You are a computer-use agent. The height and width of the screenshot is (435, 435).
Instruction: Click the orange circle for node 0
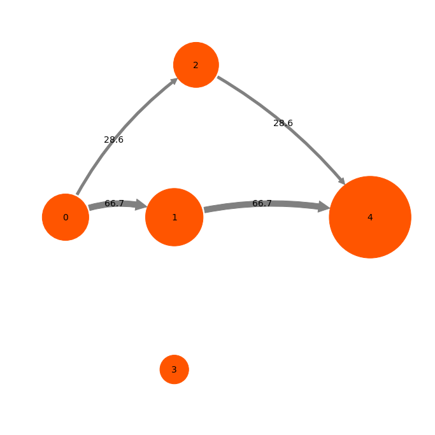coord(66,217)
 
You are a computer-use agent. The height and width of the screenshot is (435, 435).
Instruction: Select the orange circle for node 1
coord(175,217)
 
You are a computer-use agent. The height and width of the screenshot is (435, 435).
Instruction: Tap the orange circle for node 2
coord(196,65)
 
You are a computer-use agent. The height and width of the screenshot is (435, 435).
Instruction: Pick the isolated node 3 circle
coord(175,369)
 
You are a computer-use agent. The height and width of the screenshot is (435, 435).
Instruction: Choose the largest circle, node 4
coord(370,217)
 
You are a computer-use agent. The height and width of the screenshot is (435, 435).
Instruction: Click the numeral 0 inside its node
coord(66,218)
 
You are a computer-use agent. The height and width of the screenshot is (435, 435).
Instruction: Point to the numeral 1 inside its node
coord(175,218)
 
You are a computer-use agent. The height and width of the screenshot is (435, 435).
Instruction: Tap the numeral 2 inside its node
coord(196,65)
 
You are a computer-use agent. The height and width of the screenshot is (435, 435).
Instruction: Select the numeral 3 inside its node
coord(175,370)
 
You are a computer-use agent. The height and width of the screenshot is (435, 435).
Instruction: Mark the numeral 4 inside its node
coord(370,218)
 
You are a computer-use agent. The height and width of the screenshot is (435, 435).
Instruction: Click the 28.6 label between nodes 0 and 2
coord(113,140)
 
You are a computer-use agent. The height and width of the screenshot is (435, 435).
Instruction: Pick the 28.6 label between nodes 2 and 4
coord(283,123)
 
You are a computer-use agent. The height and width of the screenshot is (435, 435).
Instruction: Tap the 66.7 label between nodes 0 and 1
coord(114,203)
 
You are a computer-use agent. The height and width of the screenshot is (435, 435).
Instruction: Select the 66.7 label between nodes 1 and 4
coord(262,203)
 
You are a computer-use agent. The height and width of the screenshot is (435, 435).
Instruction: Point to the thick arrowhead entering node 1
coord(141,204)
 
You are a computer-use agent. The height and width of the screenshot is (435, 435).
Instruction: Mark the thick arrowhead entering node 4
coord(324,207)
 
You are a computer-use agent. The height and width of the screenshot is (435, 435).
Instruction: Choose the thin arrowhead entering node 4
coord(341,181)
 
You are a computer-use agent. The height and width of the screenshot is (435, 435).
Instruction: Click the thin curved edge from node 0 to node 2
coord(122,131)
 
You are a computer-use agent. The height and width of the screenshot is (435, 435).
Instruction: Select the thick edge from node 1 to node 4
coord(266,204)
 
